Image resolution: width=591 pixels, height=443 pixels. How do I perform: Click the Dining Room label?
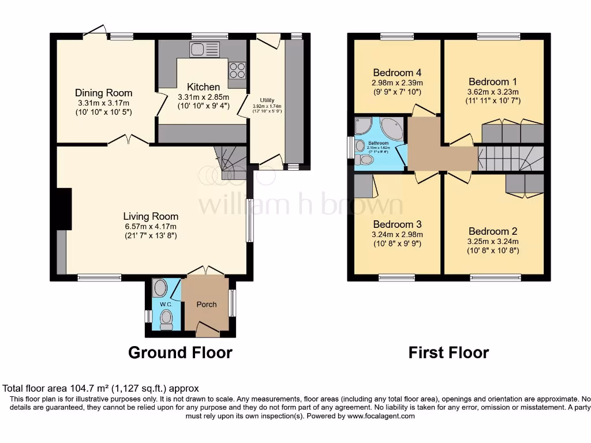click(x=104, y=93)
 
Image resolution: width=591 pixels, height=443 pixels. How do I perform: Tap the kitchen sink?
click(x=205, y=49)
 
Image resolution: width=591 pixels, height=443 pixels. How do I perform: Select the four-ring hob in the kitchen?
click(x=237, y=70)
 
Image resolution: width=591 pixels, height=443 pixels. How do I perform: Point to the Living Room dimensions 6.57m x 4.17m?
click(x=150, y=226)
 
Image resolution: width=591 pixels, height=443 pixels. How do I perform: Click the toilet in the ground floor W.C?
click(x=166, y=318)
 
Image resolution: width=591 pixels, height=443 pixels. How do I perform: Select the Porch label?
click(x=207, y=305)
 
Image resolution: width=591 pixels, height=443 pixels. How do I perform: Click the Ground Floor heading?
click(x=180, y=352)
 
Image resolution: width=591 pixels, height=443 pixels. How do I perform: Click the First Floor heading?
click(x=448, y=352)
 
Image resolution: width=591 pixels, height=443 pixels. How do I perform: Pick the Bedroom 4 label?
click(x=397, y=73)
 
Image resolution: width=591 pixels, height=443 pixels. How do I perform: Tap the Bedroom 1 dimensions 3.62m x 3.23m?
click(x=493, y=91)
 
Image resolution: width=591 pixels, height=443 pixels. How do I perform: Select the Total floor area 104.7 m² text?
click(x=101, y=389)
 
